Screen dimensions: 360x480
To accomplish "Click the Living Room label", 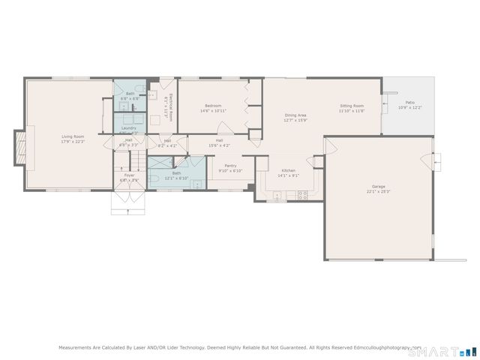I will (x=73, y=136).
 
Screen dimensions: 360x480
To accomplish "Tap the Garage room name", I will (x=378, y=186).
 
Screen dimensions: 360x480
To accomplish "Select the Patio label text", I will (x=409, y=102).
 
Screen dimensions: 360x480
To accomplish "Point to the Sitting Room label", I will (x=351, y=106).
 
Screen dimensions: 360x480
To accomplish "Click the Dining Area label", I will (x=295, y=115).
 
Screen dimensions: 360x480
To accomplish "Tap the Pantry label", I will (x=230, y=166).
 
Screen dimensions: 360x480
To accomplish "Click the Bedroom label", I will (x=213, y=106).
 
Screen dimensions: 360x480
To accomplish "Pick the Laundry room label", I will (x=129, y=128).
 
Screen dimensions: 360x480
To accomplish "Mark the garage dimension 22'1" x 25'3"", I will (x=378, y=191).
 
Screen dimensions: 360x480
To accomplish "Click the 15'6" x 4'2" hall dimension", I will (x=220, y=145).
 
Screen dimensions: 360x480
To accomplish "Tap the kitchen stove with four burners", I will (x=303, y=195).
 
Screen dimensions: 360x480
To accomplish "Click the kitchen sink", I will (x=277, y=196).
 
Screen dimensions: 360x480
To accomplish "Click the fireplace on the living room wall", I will (x=19, y=146).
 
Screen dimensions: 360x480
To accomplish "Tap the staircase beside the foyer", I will (x=136, y=160).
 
